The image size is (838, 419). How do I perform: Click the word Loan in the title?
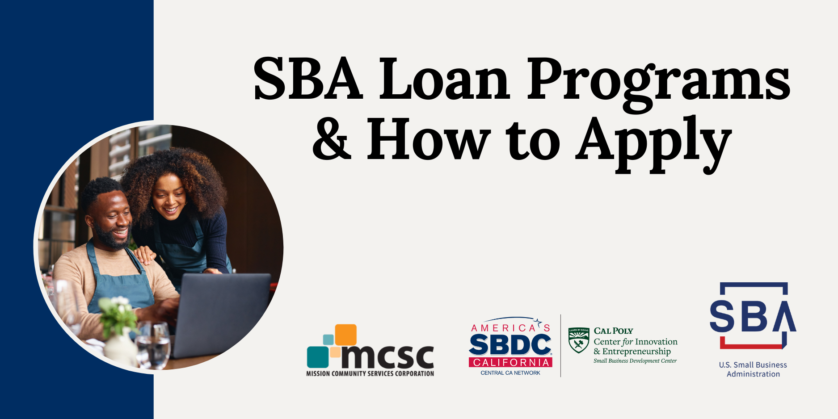click(x=445, y=79)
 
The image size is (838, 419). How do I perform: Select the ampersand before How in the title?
click(x=332, y=140)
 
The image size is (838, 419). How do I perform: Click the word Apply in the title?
click(x=653, y=143)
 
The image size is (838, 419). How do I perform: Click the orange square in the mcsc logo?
click(x=345, y=335)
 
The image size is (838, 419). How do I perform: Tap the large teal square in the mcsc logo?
click(x=318, y=357)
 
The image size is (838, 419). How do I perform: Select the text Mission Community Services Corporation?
click(x=370, y=373)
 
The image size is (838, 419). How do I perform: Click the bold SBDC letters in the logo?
click(x=510, y=345)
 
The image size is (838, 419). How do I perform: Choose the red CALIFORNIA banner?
click(x=510, y=362)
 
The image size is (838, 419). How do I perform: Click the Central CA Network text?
click(x=510, y=373)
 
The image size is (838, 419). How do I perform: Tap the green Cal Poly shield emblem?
click(x=578, y=340)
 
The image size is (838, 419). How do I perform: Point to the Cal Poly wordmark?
click(x=613, y=331)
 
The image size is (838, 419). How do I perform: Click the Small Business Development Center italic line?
click(x=635, y=361)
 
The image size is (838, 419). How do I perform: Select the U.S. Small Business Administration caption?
click(x=753, y=369)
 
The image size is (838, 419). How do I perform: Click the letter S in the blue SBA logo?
click(x=722, y=316)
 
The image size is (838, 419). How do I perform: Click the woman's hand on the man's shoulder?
click(x=144, y=255)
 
